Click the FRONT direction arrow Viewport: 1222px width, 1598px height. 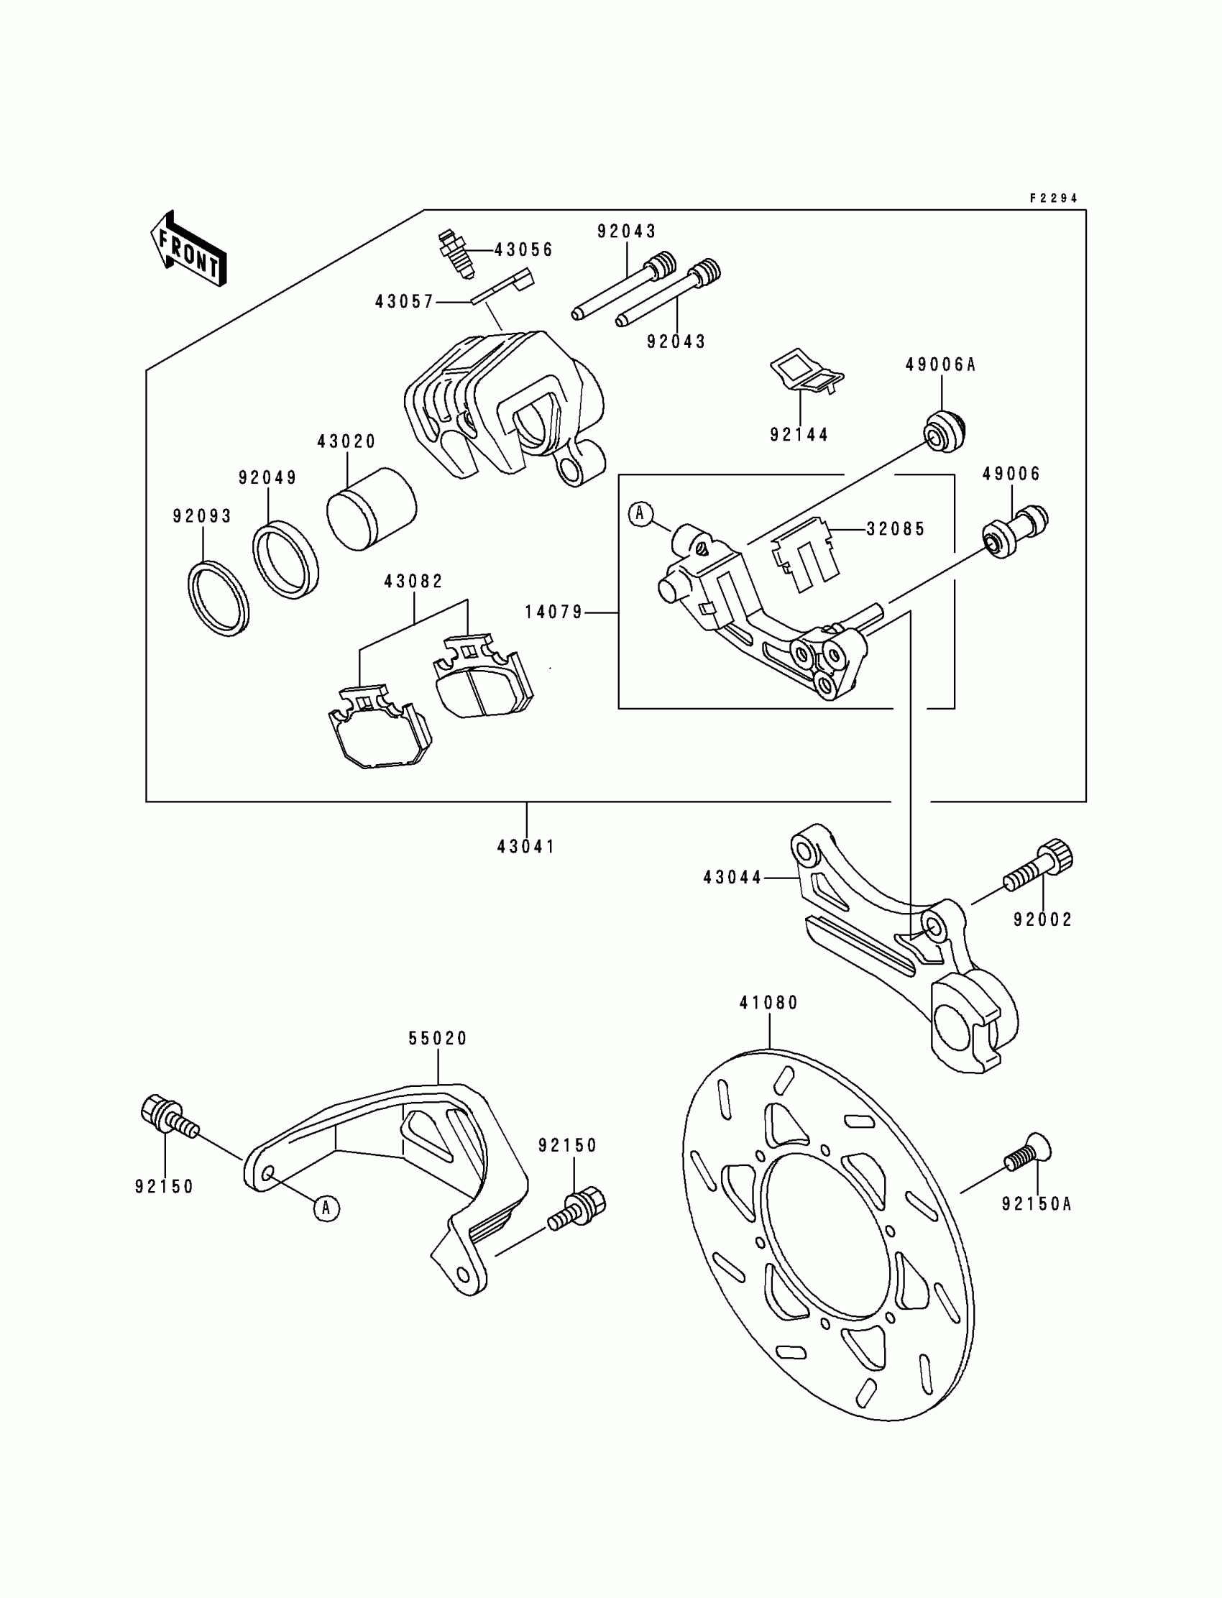[188, 249]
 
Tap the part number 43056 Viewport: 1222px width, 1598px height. [524, 250]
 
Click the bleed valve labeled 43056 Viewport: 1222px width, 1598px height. [456, 254]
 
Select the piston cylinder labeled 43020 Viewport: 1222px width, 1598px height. [371, 508]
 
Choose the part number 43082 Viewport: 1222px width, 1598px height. [413, 582]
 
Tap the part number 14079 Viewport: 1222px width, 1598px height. [553, 613]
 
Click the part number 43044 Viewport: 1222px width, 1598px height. [732, 878]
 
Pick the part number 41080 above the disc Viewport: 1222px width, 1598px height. [769, 1003]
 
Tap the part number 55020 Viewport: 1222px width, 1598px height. [438, 1039]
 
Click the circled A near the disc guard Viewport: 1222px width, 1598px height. [326, 1208]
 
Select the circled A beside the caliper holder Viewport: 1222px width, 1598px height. [640, 514]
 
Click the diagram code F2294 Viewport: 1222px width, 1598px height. [1053, 198]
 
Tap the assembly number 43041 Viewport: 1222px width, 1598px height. [526, 847]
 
